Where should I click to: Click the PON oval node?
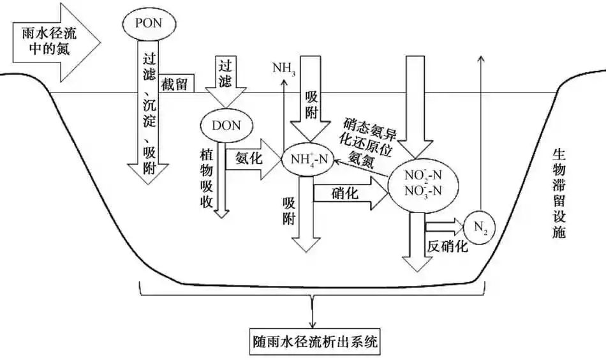coord(149,22)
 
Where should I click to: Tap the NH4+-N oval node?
coord(308,159)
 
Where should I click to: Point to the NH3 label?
coord(284,66)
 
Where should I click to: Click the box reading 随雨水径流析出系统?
coord(313,344)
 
